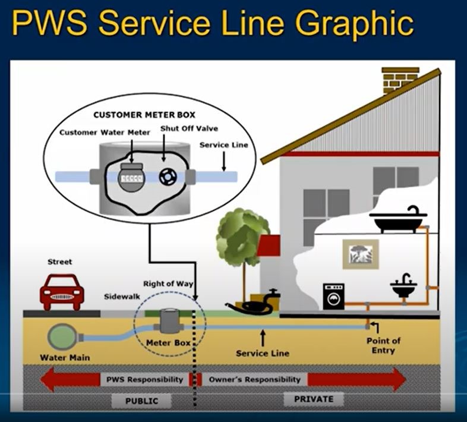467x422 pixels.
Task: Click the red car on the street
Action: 61,291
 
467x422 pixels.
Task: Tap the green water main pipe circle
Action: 62,337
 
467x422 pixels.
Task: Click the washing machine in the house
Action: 333,296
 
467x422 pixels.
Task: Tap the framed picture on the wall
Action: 360,254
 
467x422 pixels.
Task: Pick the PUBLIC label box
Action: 141,401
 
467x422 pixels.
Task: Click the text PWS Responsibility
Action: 144,379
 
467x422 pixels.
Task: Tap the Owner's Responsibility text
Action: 254,379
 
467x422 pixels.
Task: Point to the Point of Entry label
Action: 383,345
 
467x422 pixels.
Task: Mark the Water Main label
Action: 65,358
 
